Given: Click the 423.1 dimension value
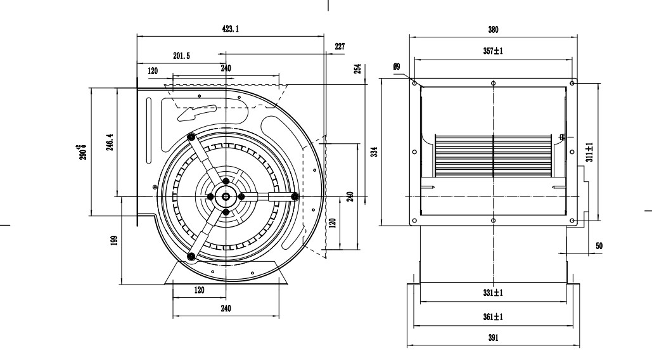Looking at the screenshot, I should point(231,30).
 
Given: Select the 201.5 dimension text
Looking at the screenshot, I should point(181,56).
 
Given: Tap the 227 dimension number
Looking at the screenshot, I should point(340,46).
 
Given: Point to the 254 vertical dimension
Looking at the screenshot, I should point(357,68).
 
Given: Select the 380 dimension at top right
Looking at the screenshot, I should point(493,29).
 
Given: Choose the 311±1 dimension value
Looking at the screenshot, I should point(590,152).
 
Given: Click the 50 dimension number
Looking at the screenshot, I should point(599,245).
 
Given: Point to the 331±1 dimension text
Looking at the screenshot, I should point(493,293).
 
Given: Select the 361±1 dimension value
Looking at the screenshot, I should point(493,316).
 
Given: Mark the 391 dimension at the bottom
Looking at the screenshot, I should point(493,338).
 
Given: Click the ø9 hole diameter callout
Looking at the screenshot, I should point(397,66).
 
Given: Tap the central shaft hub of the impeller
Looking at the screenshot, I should point(226,196).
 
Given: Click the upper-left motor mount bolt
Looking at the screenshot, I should point(191,137).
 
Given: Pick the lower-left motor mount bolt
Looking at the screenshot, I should point(191,256).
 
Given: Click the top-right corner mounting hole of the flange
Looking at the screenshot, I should point(572,83).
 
